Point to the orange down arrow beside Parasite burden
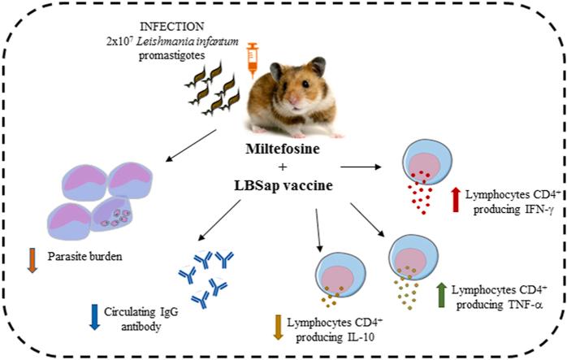coord(32,262)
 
